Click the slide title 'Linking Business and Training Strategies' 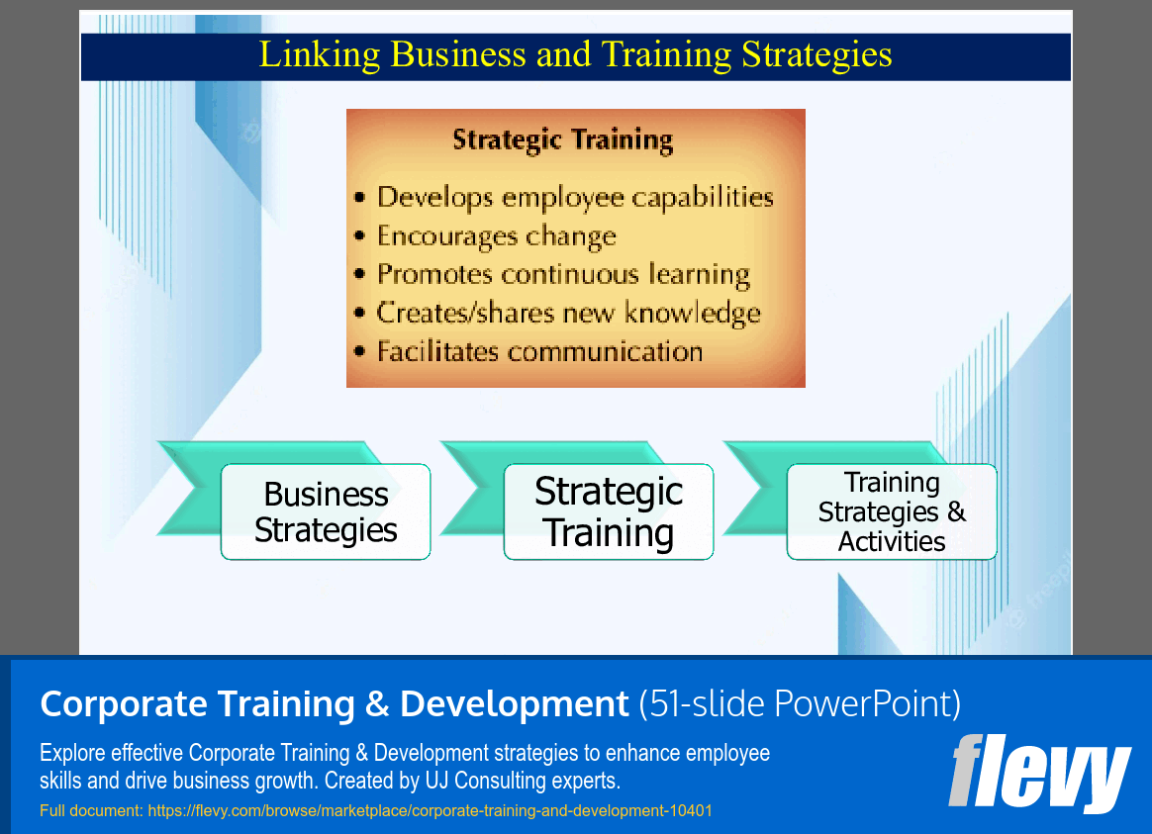tap(575, 54)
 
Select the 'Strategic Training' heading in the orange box tap(562, 139)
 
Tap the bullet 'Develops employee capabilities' tap(574, 197)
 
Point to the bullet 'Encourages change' tap(496, 236)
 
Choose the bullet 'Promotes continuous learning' tap(562, 274)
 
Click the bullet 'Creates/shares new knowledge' tap(568, 314)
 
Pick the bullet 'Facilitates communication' tap(539, 351)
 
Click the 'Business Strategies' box tap(326, 511)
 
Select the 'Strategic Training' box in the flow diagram tap(609, 511)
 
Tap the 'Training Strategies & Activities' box tap(892, 511)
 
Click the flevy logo tap(1039, 773)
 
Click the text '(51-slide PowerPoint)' tap(800, 704)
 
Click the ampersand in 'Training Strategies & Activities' tap(956, 512)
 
